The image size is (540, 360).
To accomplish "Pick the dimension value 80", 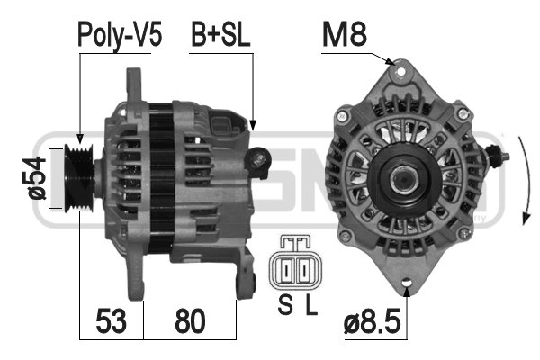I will click(189, 319).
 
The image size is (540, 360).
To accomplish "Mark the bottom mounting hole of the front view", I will click(406, 286).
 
